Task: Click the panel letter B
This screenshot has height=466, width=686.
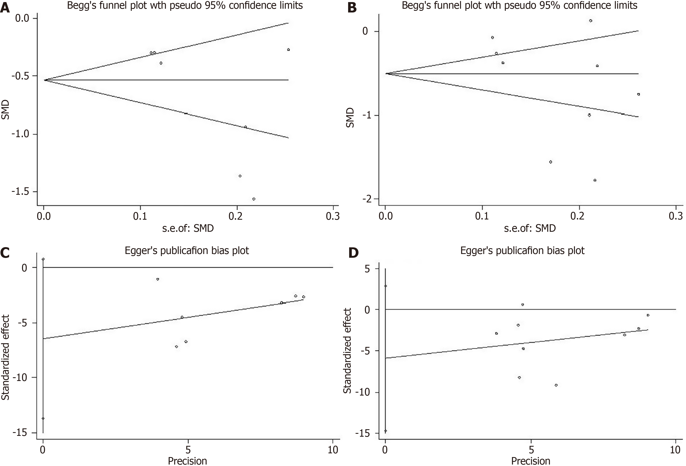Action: (352, 8)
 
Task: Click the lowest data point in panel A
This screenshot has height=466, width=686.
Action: (254, 199)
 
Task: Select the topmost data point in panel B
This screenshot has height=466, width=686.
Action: (591, 21)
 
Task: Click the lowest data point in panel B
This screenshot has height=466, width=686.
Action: (595, 180)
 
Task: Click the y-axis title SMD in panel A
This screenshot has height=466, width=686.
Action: (5, 110)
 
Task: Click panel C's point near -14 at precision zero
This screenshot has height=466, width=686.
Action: (43, 418)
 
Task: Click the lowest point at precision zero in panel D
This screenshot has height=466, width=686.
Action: (385, 431)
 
